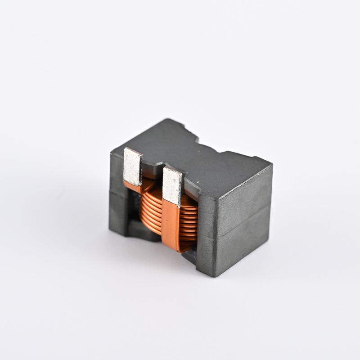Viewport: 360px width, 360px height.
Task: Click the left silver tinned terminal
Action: pyautogui.click(x=132, y=166)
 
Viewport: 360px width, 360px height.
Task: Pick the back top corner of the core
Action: pyautogui.click(x=167, y=120)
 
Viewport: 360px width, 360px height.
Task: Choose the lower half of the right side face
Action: pyautogui.click(x=243, y=247)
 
